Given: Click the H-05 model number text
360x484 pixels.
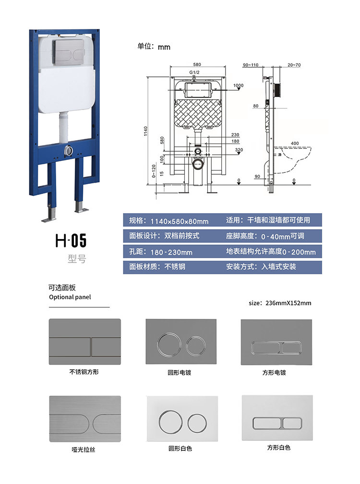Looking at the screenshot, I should coord(71,240).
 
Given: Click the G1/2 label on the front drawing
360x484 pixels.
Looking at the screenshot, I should coord(194,72).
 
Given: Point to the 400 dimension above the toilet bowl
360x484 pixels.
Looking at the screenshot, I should coord(294,143).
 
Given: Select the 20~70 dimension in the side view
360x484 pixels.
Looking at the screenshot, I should coord(294,65).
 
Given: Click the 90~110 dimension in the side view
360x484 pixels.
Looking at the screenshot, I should coord(250,65).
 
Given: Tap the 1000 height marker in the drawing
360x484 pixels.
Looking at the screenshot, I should coord(238,85).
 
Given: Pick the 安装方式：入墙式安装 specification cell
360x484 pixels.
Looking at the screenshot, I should coord(273,266).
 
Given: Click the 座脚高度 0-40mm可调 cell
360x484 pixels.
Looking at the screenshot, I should coord(273,236).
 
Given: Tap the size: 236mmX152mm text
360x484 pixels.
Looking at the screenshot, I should coord(280,303).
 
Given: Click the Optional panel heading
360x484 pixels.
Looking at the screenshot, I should coord(70,297).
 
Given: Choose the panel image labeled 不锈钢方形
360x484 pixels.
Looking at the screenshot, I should coord(84,341).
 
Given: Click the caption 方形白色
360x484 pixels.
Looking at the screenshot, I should coord(279,448).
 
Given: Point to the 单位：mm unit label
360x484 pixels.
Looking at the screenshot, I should coord(154,47).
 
